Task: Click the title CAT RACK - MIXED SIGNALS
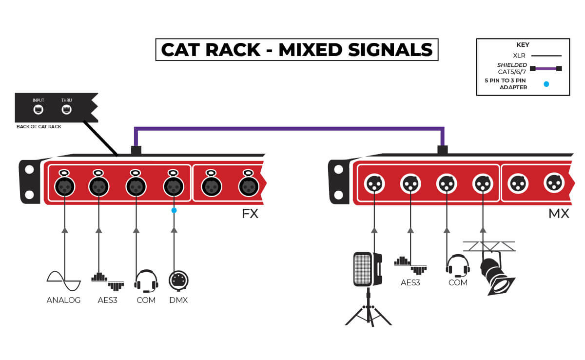pos(296,50)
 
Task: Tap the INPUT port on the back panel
pos(39,110)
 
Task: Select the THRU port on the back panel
pos(66,110)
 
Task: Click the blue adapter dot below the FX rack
pos(174,210)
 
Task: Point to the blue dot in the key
pos(546,84)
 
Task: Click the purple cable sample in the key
pos(546,68)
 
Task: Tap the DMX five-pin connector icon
pos(178,280)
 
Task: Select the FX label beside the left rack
pos(250,214)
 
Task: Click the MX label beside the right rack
pos(558,214)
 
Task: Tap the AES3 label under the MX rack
pos(410,282)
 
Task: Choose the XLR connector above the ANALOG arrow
pos(64,186)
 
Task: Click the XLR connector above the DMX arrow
pos(174,186)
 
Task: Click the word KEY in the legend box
pos(523,45)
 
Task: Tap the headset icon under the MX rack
pos(458,265)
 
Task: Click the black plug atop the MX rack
pos(443,150)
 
